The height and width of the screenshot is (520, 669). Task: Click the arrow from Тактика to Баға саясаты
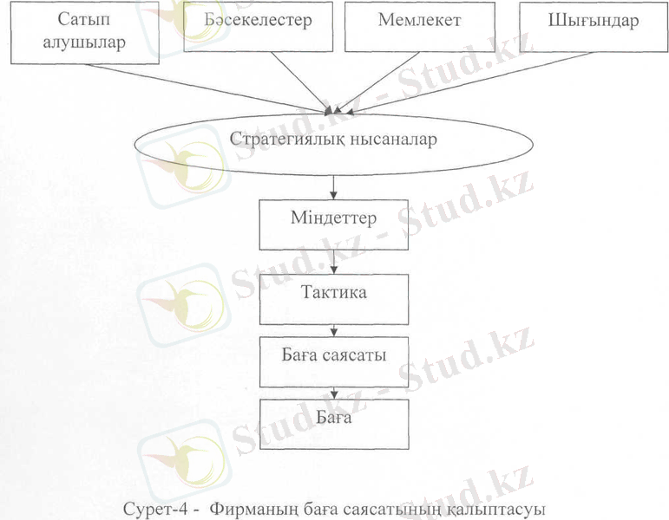[333, 328]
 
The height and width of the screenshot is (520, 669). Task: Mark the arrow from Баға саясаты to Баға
[333, 391]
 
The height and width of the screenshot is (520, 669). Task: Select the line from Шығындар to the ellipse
[469, 82]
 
